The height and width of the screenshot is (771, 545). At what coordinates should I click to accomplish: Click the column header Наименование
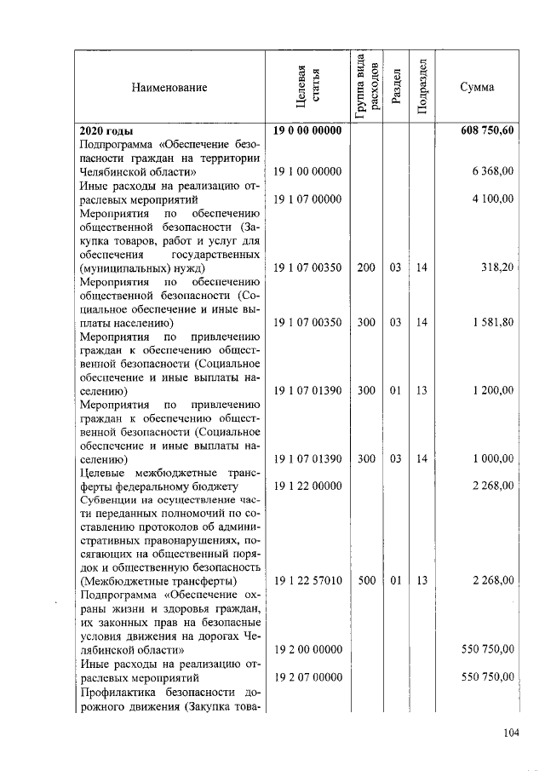tap(169, 87)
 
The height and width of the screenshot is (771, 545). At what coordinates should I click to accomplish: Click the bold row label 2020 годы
tap(106, 130)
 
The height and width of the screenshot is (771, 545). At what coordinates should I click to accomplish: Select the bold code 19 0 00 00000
tap(307, 130)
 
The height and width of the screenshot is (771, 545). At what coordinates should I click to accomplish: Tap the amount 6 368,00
tap(493, 171)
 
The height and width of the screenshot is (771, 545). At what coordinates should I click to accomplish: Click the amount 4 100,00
tap(493, 199)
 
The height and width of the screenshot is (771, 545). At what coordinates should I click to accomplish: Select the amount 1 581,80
tap(493, 322)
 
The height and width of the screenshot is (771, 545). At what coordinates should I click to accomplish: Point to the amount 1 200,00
tap(493, 390)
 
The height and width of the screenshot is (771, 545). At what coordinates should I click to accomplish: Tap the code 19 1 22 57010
tap(307, 581)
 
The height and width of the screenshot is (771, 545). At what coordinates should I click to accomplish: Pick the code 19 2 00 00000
tap(307, 649)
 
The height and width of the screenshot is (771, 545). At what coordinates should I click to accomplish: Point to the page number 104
tap(510, 731)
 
